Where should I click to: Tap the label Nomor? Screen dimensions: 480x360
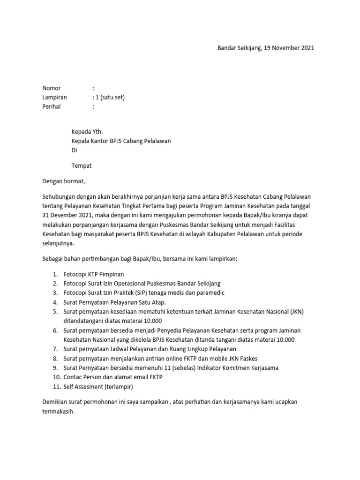52,88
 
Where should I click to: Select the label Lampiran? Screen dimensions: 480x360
55,97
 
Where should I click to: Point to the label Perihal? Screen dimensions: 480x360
52,106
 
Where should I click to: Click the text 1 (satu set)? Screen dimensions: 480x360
109,97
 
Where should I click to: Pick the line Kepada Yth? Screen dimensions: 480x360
87,132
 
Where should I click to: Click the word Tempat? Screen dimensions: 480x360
82,165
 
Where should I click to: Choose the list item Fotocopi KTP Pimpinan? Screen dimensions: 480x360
94,274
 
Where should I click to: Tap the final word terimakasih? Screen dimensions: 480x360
58,412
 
